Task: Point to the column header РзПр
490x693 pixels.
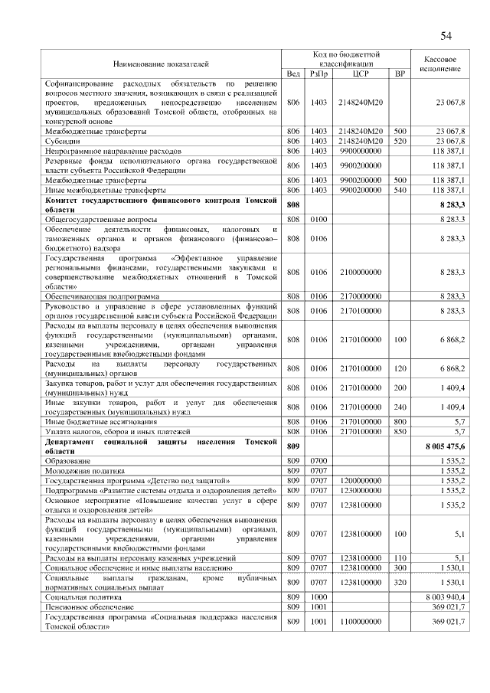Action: pos(318,73)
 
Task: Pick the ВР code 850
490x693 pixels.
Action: pos(399,431)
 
